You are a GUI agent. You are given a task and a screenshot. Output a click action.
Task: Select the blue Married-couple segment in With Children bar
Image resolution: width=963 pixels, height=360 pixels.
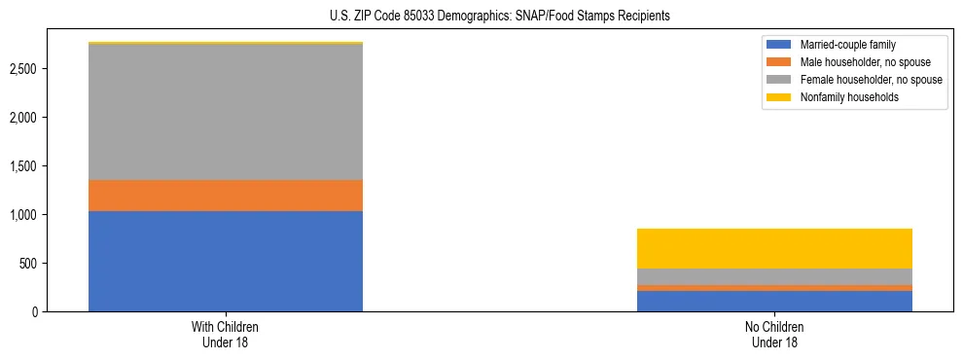tap(226, 261)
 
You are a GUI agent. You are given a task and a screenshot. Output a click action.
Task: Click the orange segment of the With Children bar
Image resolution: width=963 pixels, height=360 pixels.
tap(226, 196)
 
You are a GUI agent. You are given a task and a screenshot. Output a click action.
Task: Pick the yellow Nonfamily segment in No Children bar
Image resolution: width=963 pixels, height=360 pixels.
tap(774, 248)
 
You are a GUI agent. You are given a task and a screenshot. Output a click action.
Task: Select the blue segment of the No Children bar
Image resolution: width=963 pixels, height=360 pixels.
tap(774, 301)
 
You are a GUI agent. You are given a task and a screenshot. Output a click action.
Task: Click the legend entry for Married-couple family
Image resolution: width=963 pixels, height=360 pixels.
tap(847, 45)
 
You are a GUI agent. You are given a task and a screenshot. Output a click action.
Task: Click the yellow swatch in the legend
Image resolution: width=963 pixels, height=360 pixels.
tap(780, 97)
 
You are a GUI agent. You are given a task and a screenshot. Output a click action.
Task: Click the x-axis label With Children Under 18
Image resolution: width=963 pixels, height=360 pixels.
tap(226, 335)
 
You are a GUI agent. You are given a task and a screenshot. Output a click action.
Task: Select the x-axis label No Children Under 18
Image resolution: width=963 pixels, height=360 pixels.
tap(774, 335)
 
